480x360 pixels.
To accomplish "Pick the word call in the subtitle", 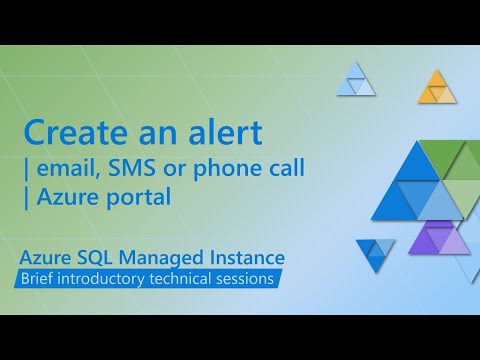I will [283, 166].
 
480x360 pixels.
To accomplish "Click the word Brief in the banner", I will [43, 279].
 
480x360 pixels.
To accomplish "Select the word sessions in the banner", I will [248, 279].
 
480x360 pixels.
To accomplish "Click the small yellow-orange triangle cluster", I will [436, 89].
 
